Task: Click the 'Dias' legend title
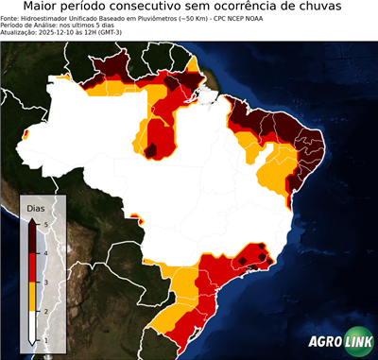click(x=36, y=206)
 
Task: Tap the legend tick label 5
click(x=45, y=224)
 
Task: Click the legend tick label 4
click(x=45, y=253)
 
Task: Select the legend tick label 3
click(x=45, y=282)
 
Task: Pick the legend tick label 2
click(x=45, y=310)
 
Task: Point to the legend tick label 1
click(x=45, y=338)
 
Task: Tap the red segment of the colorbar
click(x=33, y=267)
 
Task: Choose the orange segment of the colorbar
click(x=33, y=296)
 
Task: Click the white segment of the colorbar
click(x=33, y=324)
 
